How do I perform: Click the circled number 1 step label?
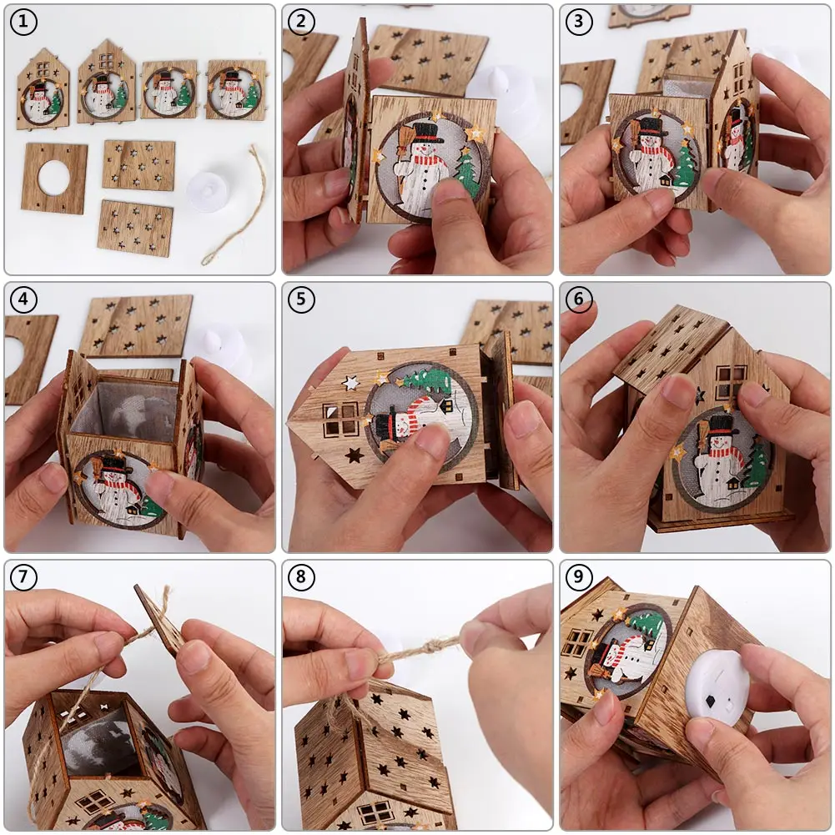coord(23,23)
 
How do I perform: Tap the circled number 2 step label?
coord(301,22)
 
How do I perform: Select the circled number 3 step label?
coord(579,22)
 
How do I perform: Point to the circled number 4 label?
coord(23,299)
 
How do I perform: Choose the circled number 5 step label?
coord(301,299)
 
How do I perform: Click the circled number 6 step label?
coord(579,299)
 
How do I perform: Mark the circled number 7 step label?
coord(23,577)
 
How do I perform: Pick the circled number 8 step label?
coord(301,577)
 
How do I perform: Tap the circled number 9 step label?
coord(579,577)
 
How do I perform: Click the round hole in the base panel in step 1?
coord(53,178)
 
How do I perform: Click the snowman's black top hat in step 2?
coord(428,133)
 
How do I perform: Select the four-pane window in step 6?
coord(730,381)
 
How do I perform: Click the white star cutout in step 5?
coord(350,382)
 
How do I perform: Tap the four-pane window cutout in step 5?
coord(340,419)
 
